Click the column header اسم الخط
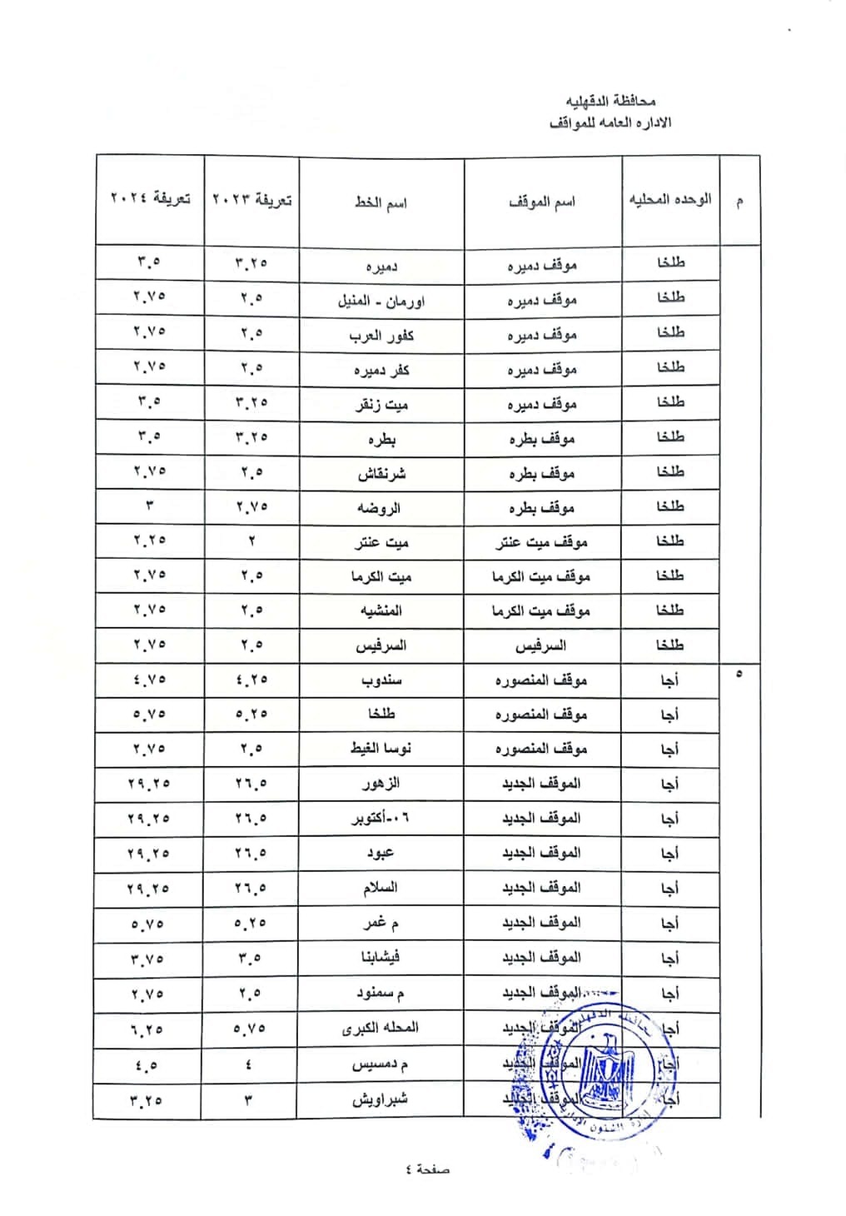coord(381,202)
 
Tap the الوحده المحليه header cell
coord(670,199)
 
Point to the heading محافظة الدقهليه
coord(611,101)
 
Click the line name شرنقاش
coord(381,473)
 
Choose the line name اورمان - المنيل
coord(381,300)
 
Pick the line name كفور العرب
coord(381,335)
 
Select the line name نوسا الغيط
coord(381,749)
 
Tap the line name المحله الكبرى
coord(381,1028)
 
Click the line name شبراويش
coord(380,1099)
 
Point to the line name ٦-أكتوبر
coord(381,819)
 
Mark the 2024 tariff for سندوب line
coord(150,680)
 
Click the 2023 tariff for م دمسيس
coord(249,1064)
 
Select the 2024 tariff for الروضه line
coord(150,506)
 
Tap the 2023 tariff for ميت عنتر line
coord(251,541)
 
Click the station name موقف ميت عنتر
coord(542,543)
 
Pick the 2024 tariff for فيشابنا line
coord(149,959)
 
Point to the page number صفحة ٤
coord(427,1169)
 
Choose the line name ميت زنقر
coord(381,404)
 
